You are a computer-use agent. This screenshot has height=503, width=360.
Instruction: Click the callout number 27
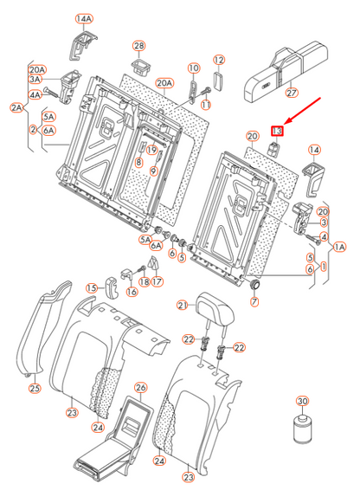click(x=292, y=94)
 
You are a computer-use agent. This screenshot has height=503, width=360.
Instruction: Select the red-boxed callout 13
click(x=278, y=131)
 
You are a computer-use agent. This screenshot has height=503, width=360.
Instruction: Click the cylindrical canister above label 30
click(x=302, y=429)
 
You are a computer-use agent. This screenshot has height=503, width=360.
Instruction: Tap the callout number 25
click(x=34, y=388)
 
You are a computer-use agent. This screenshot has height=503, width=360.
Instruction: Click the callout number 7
click(x=254, y=302)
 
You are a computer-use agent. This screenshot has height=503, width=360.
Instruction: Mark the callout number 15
click(x=91, y=287)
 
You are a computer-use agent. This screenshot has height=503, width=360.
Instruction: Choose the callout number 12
click(x=219, y=60)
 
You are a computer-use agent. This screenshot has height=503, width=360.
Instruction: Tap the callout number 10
click(x=193, y=68)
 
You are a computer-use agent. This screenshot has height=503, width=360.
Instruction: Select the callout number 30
click(x=302, y=401)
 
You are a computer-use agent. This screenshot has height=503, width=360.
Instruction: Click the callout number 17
click(x=157, y=281)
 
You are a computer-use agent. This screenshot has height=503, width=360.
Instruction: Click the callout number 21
click(x=183, y=305)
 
